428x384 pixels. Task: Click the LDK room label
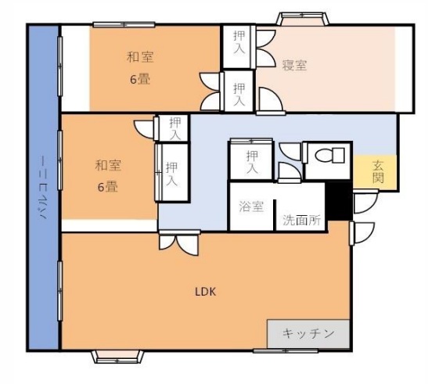[206, 292]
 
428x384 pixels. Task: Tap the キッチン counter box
[309, 334]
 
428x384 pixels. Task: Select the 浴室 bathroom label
[250, 207]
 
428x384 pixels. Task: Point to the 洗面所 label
[302, 221]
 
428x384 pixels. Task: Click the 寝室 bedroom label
[295, 66]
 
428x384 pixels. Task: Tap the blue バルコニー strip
[43, 188]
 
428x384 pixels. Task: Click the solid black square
[338, 201]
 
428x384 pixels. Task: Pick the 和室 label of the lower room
[109, 165]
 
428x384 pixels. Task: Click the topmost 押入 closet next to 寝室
[237, 45]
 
